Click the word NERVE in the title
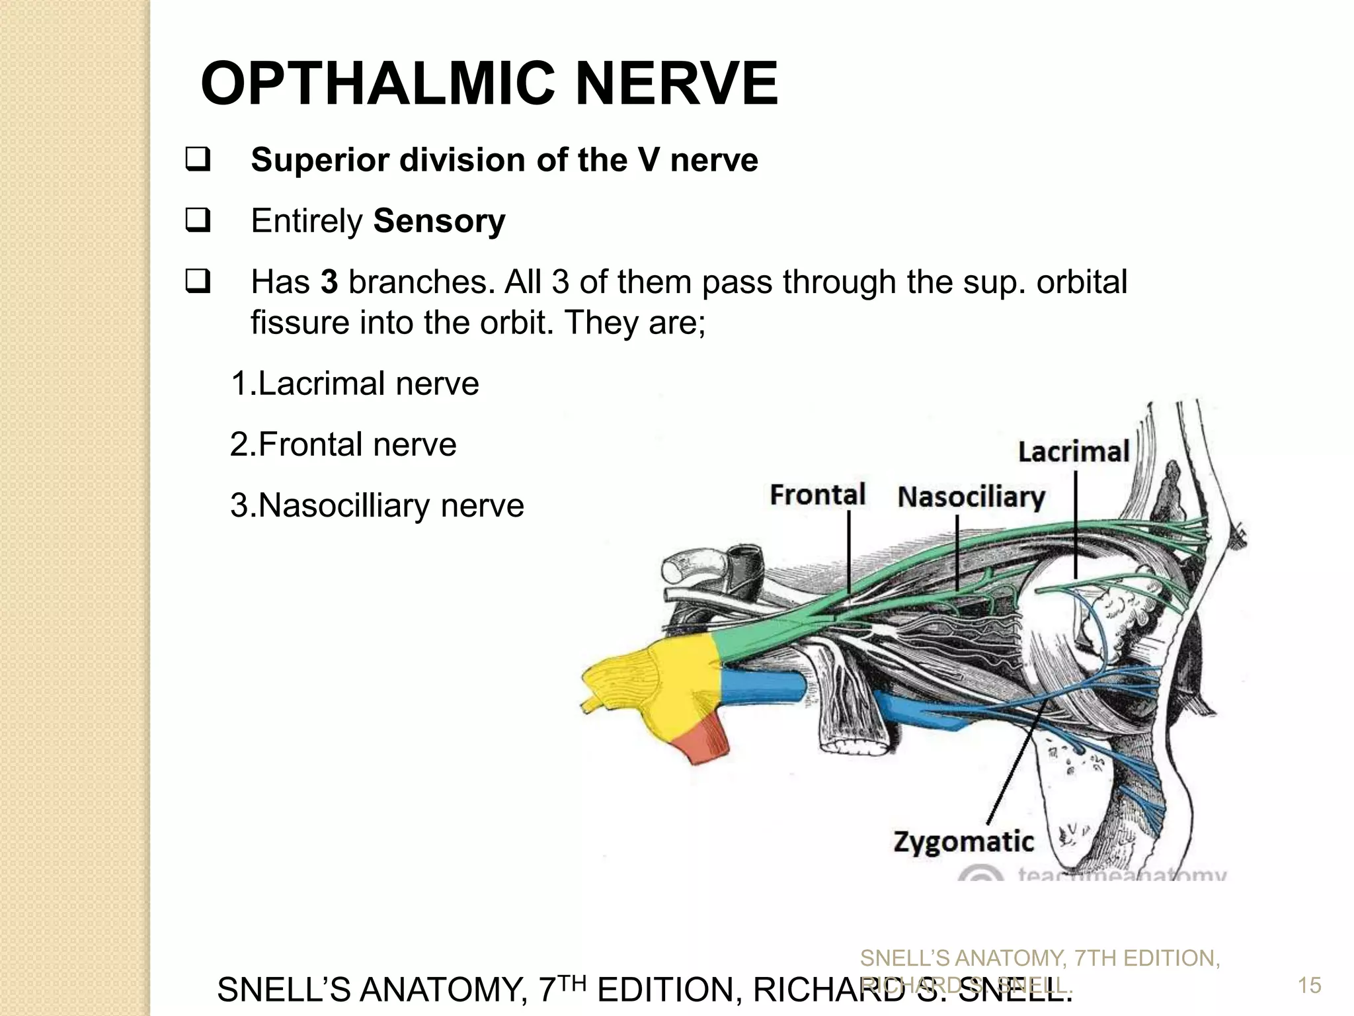click(x=676, y=84)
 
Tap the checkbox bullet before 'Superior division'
click(x=198, y=160)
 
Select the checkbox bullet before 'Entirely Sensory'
click(x=198, y=220)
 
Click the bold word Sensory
click(x=439, y=221)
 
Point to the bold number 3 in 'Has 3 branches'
click(x=329, y=282)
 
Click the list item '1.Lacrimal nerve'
click(x=354, y=384)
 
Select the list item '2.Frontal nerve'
click(x=343, y=444)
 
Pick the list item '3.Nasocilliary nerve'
click(x=377, y=505)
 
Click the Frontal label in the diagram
click(x=817, y=495)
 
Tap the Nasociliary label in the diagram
click(x=971, y=497)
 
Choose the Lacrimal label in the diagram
click(x=1073, y=452)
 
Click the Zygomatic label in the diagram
click(x=963, y=842)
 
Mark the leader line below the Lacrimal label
click(x=1076, y=523)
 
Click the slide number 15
click(x=1309, y=986)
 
